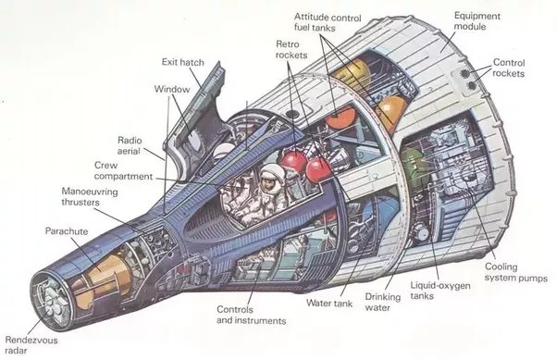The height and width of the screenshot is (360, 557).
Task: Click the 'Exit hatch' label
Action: tap(183, 62)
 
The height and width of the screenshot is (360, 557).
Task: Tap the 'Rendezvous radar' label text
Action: tap(31, 345)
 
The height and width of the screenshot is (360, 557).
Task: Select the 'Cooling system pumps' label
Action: tap(515, 272)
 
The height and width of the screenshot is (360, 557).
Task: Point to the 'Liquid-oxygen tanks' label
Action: tap(440, 291)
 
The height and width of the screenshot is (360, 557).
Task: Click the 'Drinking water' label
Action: tap(382, 302)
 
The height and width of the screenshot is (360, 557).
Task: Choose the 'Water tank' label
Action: tap(329, 304)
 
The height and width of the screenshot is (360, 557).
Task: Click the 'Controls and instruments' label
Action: tap(251, 315)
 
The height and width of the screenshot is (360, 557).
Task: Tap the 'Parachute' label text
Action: tap(67, 231)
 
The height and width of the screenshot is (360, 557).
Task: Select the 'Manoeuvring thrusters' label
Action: tap(90, 197)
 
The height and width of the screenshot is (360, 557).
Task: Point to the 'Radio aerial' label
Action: tap(130, 145)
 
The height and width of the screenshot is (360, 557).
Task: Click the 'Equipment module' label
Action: tap(477, 21)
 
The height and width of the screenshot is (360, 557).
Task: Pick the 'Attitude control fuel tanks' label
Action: tap(328, 22)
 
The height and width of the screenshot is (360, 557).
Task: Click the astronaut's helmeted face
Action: tap(271, 179)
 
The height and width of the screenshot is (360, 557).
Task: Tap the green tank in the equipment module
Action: tap(409, 167)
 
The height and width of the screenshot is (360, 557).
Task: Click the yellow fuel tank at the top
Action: tap(353, 72)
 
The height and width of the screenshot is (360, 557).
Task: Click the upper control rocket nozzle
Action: tap(464, 73)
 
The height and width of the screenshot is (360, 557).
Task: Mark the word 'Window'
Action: tap(172, 89)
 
